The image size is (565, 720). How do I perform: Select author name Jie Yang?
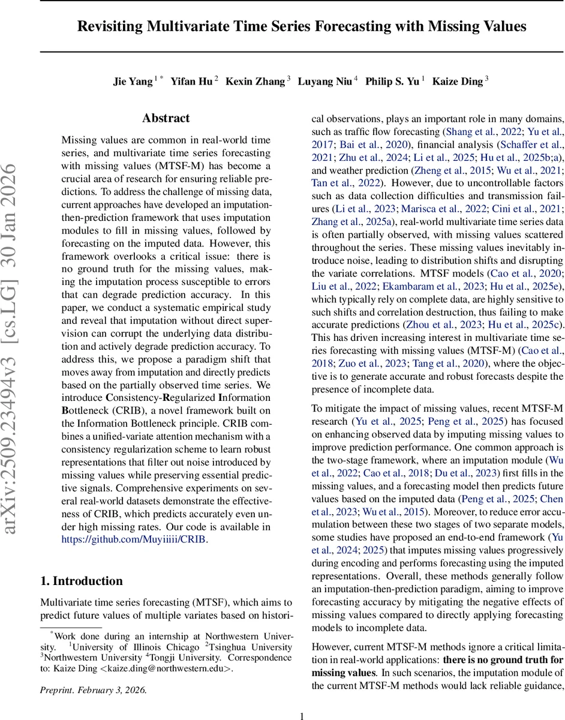(x=133, y=82)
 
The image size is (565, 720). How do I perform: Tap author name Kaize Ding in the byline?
(x=456, y=82)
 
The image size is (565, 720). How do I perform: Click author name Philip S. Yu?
(x=392, y=82)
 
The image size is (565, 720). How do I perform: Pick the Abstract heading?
(x=166, y=118)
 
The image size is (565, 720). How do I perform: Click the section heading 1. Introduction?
(x=81, y=581)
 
